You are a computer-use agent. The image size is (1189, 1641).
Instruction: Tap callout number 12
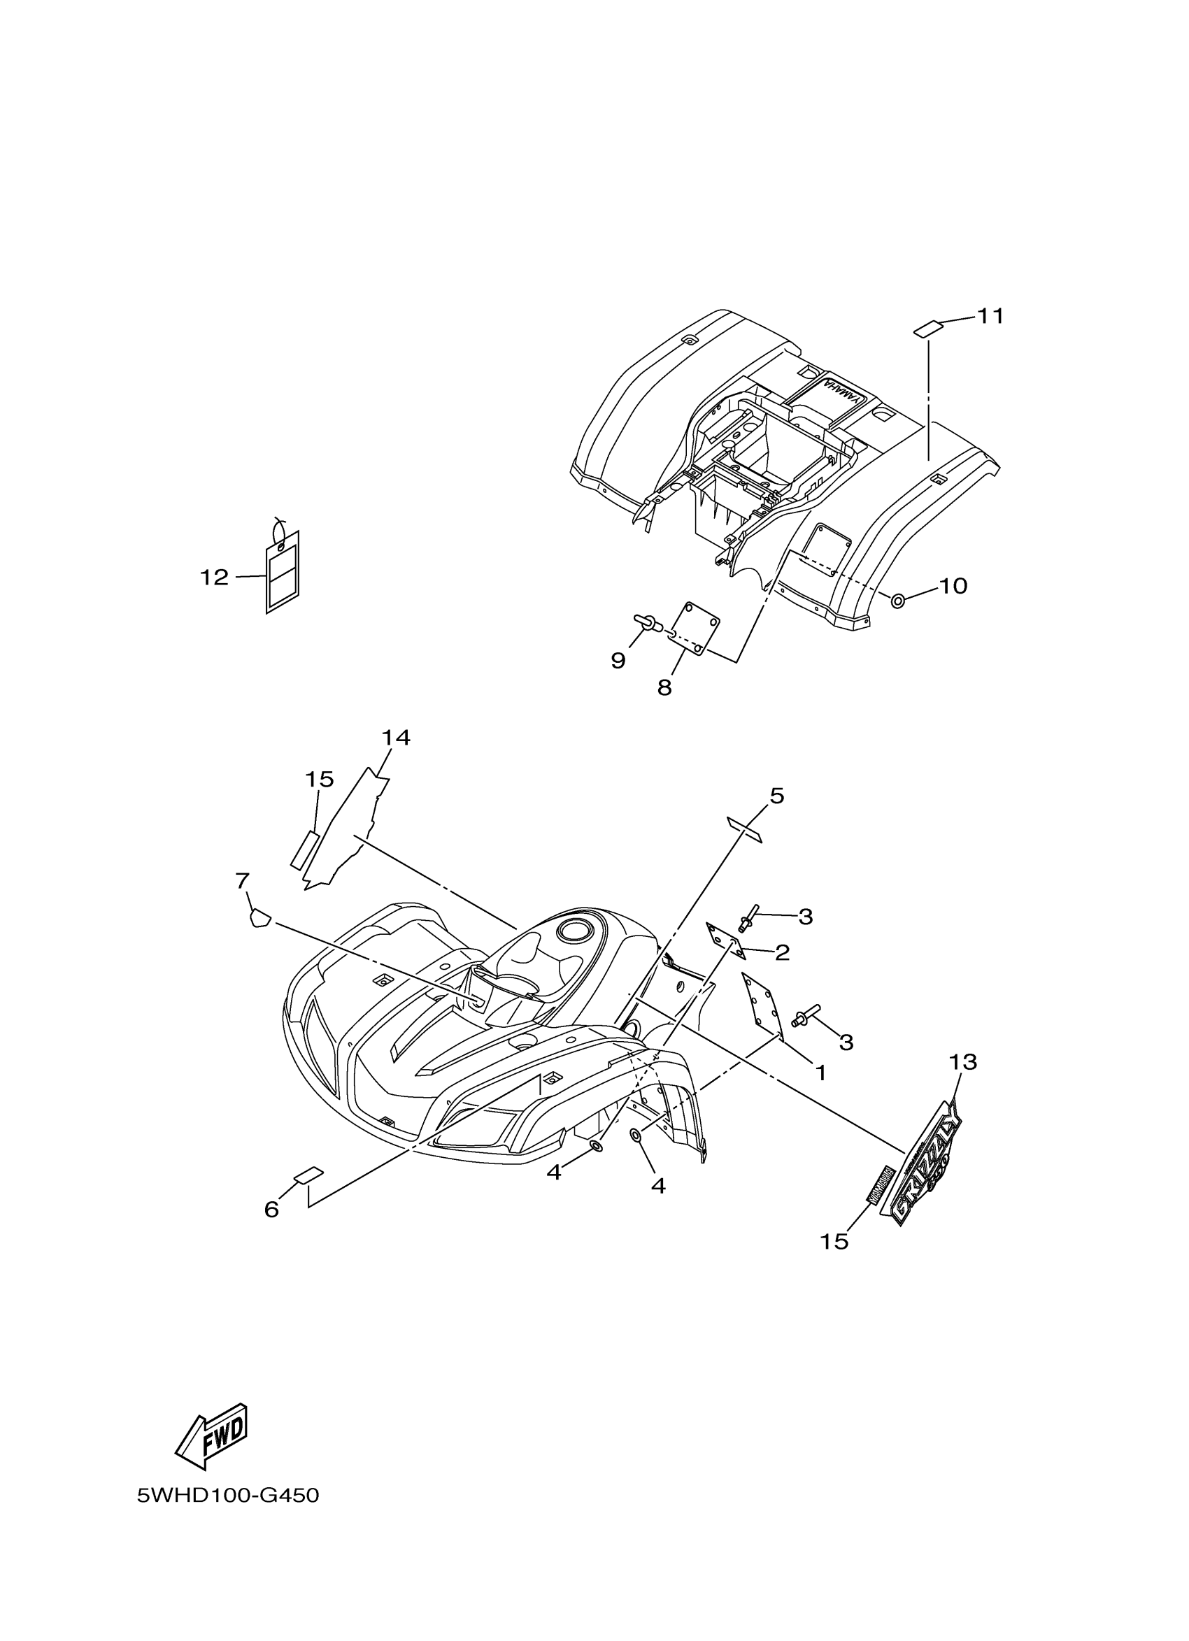click(214, 577)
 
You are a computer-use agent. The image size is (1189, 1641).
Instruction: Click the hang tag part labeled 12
click(283, 573)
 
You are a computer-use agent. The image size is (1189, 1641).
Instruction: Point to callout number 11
click(990, 316)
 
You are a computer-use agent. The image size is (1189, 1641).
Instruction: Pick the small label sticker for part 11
click(927, 329)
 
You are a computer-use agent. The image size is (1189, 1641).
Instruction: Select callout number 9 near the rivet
click(618, 660)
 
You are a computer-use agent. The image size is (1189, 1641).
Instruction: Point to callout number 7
click(243, 880)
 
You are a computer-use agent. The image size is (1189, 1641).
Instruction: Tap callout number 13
click(963, 1062)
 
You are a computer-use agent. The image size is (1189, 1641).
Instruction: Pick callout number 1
click(820, 1073)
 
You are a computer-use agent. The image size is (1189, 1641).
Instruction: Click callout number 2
click(781, 953)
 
